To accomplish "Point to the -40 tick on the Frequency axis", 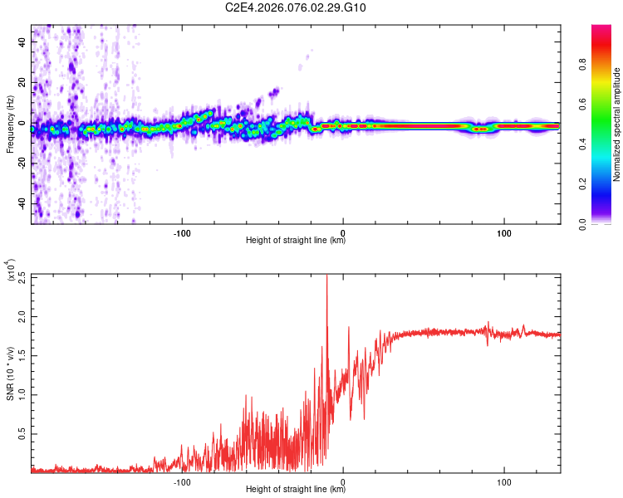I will click(x=22, y=203).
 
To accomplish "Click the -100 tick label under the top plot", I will click(x=183, y=232).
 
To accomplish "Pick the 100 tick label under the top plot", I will click(x=503, y=232).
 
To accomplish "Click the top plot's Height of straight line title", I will click(x=296, y=241).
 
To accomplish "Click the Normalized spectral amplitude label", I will click(x=617, y=124).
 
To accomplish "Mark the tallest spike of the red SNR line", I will click(x=326, y=277).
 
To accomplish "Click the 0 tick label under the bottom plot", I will click(x=343, y=481).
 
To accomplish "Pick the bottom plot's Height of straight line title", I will click(x=296, y=490).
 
